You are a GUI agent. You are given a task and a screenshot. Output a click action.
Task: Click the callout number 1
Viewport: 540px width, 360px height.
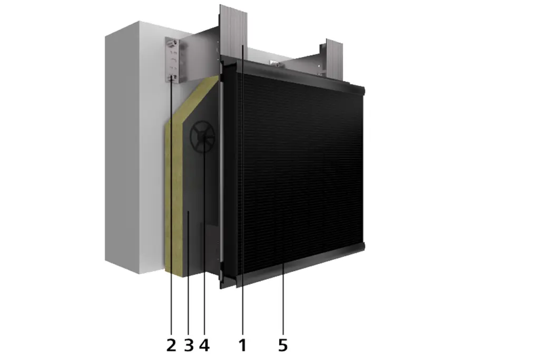click(x=242, y=345)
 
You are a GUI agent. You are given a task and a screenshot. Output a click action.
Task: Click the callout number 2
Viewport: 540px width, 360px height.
click(x=171, y=345)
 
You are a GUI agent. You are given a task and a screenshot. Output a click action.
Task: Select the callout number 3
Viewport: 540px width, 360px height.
click(x=189, y=345)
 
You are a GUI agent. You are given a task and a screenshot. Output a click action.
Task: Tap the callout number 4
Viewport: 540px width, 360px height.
click(x=204, y=345)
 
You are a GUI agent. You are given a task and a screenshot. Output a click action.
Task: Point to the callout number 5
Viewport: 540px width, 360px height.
click(x=283, y=345)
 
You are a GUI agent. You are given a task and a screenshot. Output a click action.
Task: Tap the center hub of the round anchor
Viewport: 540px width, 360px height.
click(x=202, y=138)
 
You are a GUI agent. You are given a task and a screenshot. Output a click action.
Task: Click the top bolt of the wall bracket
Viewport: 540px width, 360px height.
click(x=171, y=43)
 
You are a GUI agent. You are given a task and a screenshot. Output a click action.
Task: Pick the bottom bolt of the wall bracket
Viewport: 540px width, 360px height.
click(x=172, y=77)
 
